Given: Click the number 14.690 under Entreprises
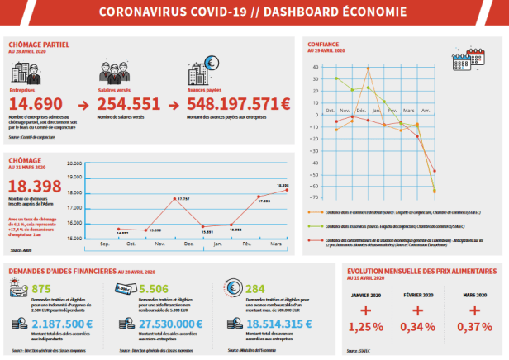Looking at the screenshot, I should [37, 105].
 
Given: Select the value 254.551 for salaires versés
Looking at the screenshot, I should [129, 105].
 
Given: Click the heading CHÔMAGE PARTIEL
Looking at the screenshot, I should [39, 44].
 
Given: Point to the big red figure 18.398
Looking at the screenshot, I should [35, 186].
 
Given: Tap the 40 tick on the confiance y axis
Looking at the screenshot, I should [315, 67].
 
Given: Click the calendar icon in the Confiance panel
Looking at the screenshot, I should [478, 54].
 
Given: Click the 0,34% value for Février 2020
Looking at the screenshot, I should [419, 328].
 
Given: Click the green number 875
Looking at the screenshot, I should [40, 288].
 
